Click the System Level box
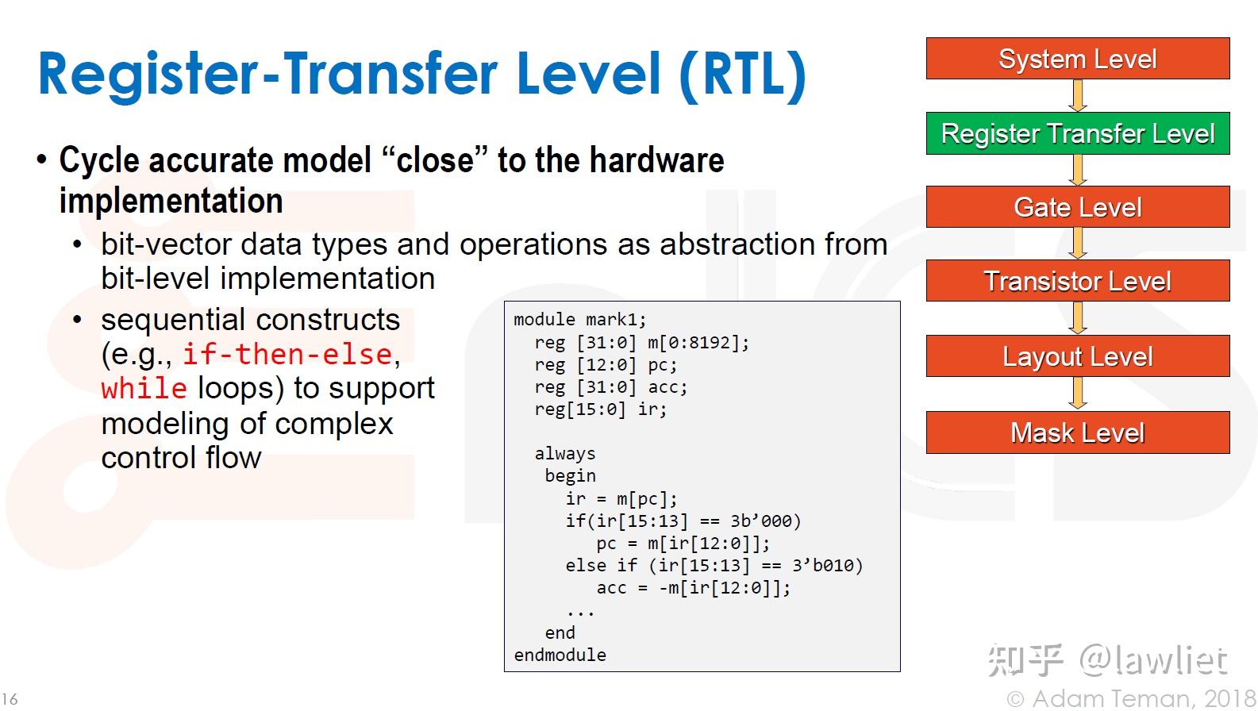pos(1078,59)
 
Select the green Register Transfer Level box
pos(1078,133)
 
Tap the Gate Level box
pos(1078,206)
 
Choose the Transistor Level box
pos(1078,280)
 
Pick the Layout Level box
pos(1078,356)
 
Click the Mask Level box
pos(1078,432)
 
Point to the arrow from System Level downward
pos(1078,95)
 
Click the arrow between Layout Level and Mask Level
pos(1078,394)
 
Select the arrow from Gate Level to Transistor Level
pos(1078,243)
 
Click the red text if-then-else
pos(287,355)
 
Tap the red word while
pos(144,388)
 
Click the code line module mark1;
pos(580,320)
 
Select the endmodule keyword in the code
pos(560,655)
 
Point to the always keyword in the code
pos(564,453)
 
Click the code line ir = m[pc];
pos(621,498)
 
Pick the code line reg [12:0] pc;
pos(606,365)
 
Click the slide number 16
pos(10,699)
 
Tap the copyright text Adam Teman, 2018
pos(1130,698)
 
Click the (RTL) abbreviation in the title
pos(742,75)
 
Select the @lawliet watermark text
pos(1153,660)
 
